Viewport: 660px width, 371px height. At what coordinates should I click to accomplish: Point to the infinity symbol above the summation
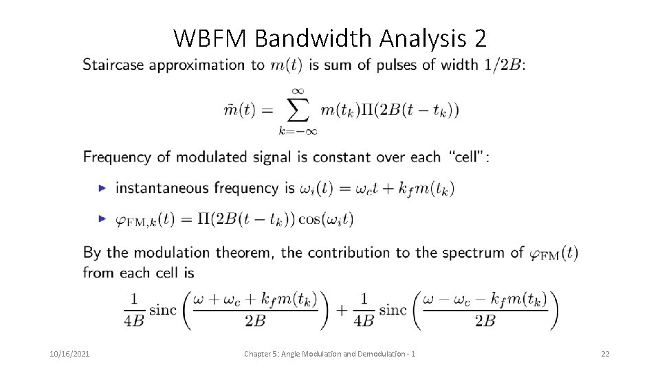tap(298, 89)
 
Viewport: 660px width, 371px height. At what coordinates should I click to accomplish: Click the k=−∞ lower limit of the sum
tap(298, 130)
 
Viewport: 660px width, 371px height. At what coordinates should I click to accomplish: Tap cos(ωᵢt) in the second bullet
tap(327, 218)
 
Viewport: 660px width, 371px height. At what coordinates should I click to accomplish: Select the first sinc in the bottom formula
tap(163, 310)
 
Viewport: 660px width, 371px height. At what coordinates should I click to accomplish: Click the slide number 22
tap(605, 354)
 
